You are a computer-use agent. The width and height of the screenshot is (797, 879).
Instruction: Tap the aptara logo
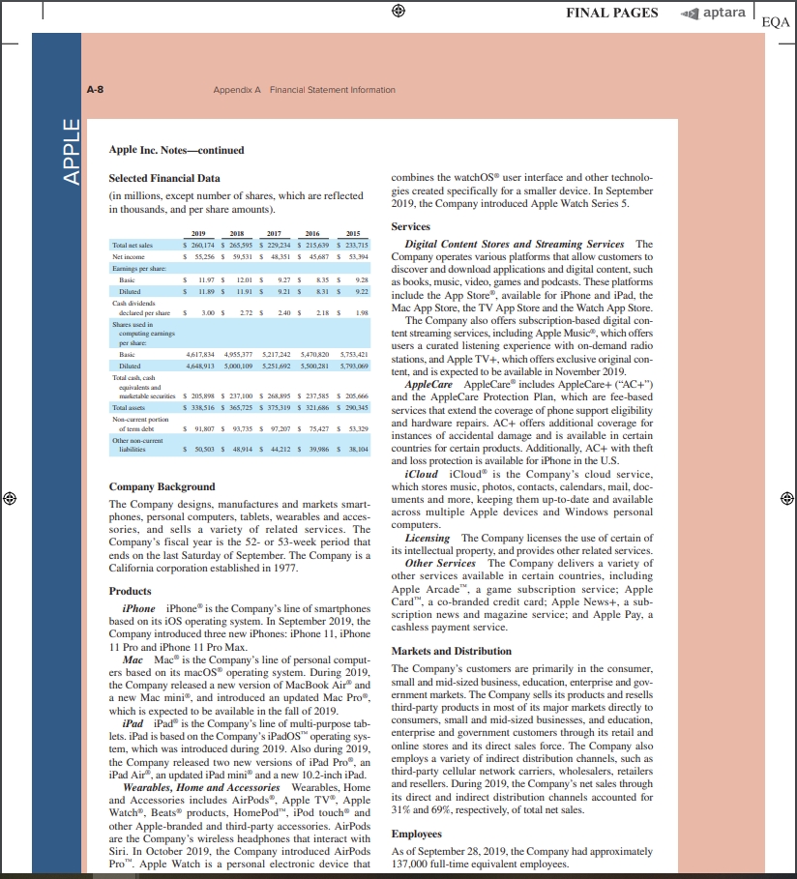pos(716,13)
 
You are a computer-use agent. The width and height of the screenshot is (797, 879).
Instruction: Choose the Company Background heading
pos(162,486)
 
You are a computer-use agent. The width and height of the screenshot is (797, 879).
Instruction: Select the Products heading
pos(130,591)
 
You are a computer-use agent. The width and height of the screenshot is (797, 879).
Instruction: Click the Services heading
pos(410,226)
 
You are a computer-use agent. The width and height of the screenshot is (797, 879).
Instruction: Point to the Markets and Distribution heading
pos(452,652)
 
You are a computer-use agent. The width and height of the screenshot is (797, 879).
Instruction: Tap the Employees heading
pos(416,834)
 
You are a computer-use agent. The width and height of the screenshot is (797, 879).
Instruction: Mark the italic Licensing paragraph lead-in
pos(428,538)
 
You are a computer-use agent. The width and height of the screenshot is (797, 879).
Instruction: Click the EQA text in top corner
pos(776,21)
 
